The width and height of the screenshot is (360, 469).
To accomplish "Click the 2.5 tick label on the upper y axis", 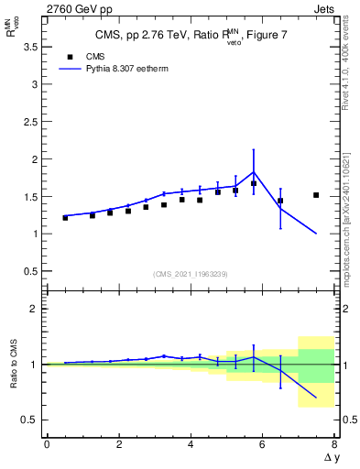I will point(29,121).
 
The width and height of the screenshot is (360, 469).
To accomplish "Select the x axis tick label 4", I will point(191,444).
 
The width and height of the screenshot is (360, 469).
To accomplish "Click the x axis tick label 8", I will point(334,444).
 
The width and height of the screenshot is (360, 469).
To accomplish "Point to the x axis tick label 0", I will point(47,444).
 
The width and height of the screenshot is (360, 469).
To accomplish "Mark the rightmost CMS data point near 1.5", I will point(316,195).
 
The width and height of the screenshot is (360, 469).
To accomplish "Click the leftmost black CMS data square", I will point(65,218).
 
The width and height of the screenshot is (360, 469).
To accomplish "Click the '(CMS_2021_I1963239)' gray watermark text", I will point(191,274).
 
